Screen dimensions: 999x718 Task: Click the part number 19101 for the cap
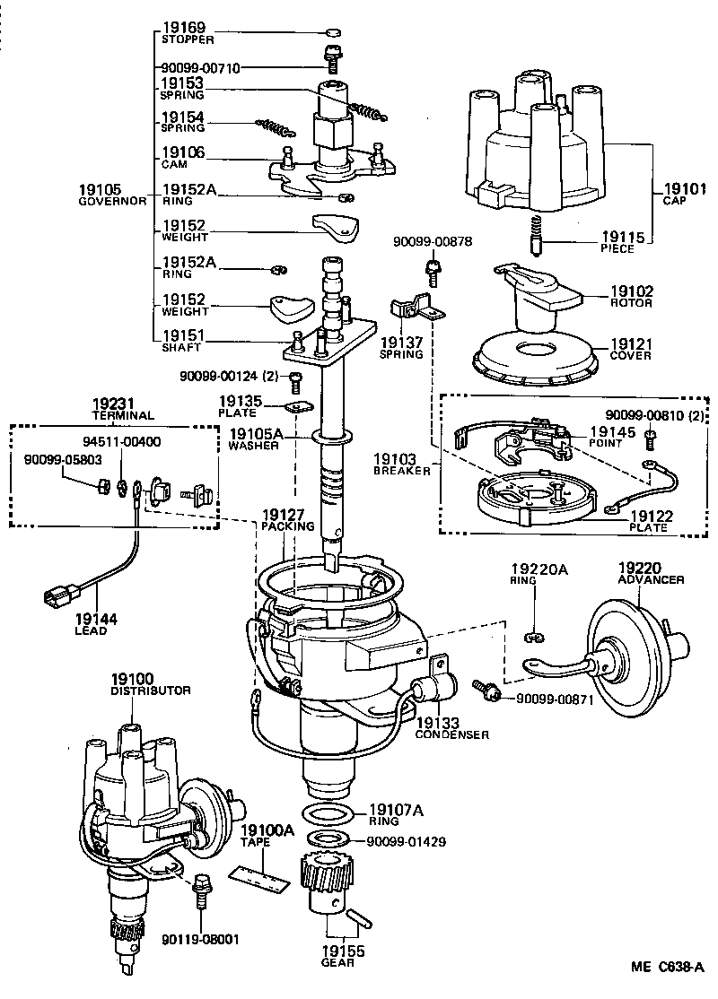coord(683,189)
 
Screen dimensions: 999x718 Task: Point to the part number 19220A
coord(537,569)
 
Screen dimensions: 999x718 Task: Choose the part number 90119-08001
coord(201,939)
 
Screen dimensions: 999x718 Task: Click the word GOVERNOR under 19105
coord(111,202)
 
